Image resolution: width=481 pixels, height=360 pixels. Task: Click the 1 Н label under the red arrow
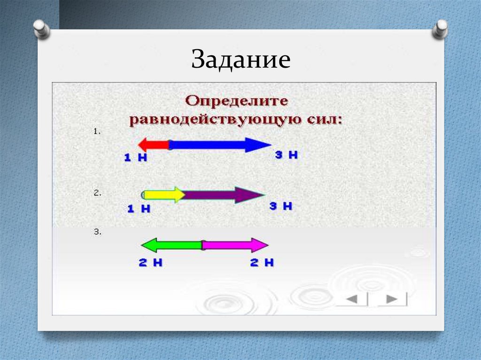coord(136,158)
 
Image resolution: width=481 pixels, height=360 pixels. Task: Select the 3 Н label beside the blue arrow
coord(286,155)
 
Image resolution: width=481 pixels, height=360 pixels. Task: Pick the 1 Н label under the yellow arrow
coord(139,209)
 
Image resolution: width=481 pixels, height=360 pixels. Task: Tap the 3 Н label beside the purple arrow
coord(281,206)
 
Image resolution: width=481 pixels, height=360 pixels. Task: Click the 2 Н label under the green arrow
coord(150,263)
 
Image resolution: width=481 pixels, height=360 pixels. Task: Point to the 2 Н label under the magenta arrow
coord(262,263)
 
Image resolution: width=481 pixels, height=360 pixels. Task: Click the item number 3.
coord(97,232)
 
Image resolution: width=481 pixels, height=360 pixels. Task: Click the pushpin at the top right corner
coord(441,29)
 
